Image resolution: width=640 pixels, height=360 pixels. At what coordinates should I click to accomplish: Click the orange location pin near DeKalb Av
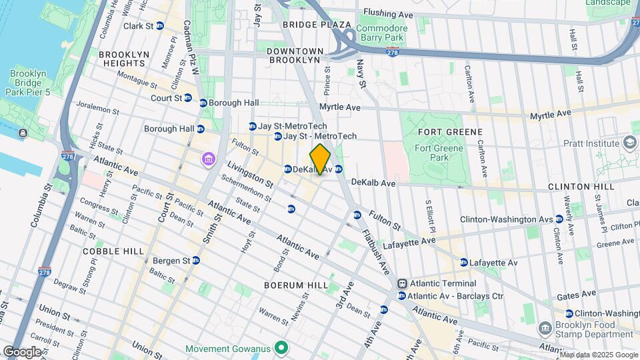321,159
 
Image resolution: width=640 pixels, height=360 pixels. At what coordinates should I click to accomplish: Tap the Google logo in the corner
22,351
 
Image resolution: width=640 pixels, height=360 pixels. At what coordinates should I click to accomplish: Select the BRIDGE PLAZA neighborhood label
316,25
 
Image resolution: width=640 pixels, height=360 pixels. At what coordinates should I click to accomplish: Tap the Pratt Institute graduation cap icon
629,143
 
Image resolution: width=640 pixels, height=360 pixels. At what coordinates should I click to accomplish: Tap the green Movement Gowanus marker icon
282,349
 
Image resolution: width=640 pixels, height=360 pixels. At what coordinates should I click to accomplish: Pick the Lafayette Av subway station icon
463,263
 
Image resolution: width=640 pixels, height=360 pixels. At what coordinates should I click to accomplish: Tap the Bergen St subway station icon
196,260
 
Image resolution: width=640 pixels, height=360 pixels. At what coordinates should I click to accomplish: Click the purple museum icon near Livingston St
209,159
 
